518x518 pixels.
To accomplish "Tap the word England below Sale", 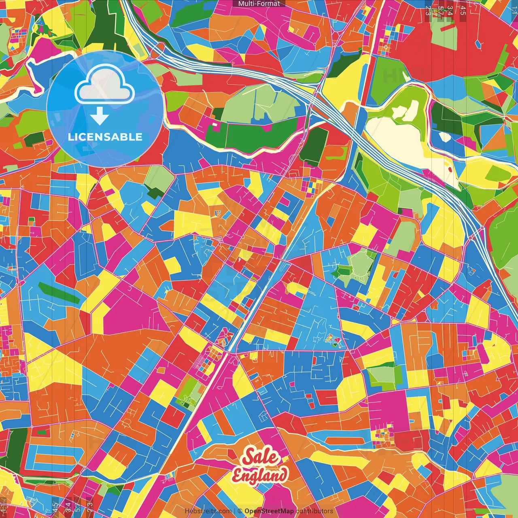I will [x=260, y=475].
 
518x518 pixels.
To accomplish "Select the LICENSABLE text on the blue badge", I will [x=105, y=137].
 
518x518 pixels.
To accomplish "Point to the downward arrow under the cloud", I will [x=100, y=117].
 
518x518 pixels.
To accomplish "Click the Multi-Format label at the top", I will [x=259, y=4].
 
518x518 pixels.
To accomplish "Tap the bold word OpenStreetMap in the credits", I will [x=269, y=511].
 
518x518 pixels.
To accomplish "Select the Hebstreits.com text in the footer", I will [x=208, y=511].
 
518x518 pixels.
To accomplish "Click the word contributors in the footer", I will [x=314, y=511].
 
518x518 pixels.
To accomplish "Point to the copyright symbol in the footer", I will [x=240, y=511].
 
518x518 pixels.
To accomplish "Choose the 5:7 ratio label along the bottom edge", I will [x=77, y=506].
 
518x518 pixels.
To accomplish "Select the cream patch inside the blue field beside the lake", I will [x=445, y=136].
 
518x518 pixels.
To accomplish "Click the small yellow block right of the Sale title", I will [x=286, y=459].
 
